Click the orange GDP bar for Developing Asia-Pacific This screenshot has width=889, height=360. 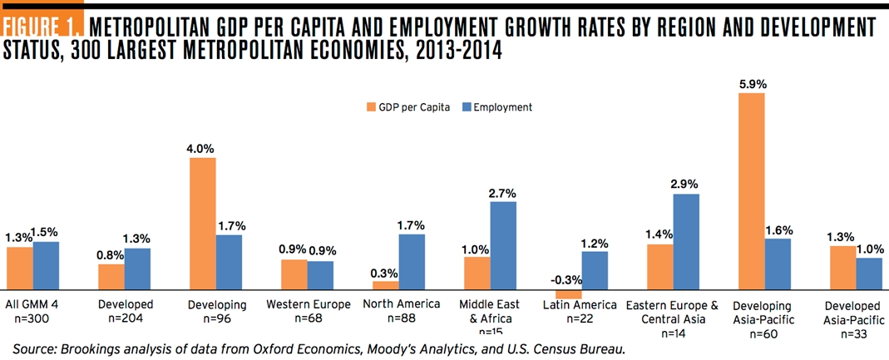751,191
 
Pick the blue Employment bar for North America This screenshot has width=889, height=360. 412,261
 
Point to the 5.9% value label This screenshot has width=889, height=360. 751,84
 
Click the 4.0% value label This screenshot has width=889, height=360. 203,148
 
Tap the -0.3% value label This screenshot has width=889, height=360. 570,279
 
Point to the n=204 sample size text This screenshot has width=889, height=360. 124,318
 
